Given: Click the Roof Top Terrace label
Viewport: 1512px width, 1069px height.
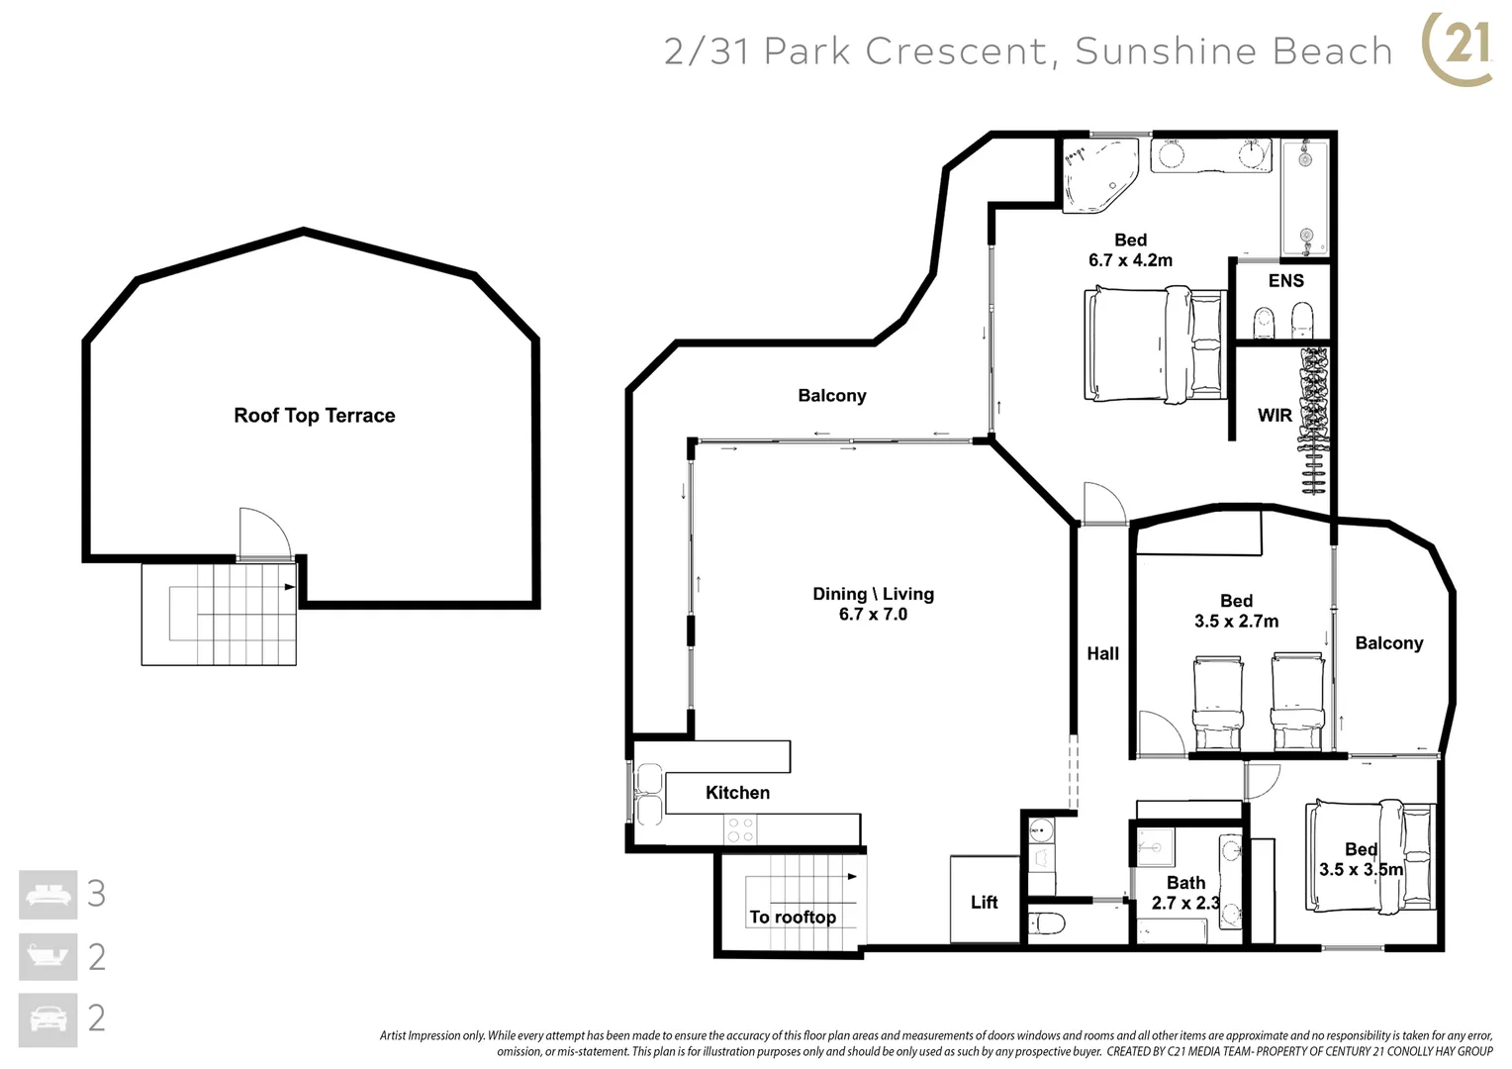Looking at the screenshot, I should tap(314, 416).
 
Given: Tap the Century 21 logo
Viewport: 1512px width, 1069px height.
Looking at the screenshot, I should tap(1458, 47).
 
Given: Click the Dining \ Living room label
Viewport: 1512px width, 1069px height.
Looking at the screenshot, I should tap(873, 594).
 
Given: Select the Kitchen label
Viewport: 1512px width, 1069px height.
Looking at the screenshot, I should tap(737, 793).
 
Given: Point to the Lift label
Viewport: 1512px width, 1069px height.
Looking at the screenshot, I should tap(984, 902).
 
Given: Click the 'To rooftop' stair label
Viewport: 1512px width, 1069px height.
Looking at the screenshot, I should tap(793, 917).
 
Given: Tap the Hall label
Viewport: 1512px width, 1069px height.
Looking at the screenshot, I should tap(1102, 653).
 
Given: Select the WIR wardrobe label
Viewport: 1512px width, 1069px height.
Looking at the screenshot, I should tap(1275, 416).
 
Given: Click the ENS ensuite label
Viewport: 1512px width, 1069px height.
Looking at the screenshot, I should tap(1285, 281).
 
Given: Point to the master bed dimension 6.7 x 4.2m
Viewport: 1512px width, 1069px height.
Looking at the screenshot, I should tap(1130, 260).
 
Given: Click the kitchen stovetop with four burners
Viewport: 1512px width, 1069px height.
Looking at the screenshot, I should tap(740, 829).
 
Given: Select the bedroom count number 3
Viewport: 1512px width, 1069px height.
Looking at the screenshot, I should tap(96, 894).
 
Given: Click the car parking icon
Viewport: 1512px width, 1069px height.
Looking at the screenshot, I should tap(47, 1019).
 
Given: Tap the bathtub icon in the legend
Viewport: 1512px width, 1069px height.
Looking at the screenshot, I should tap(47, 956).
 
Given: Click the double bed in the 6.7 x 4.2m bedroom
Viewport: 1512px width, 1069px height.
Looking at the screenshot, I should tap(1154, 344).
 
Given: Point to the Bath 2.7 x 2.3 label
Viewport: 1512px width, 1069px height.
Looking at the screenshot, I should tap(1185, 893).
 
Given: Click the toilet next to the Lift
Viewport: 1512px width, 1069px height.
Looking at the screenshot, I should tap(1047, 924).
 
